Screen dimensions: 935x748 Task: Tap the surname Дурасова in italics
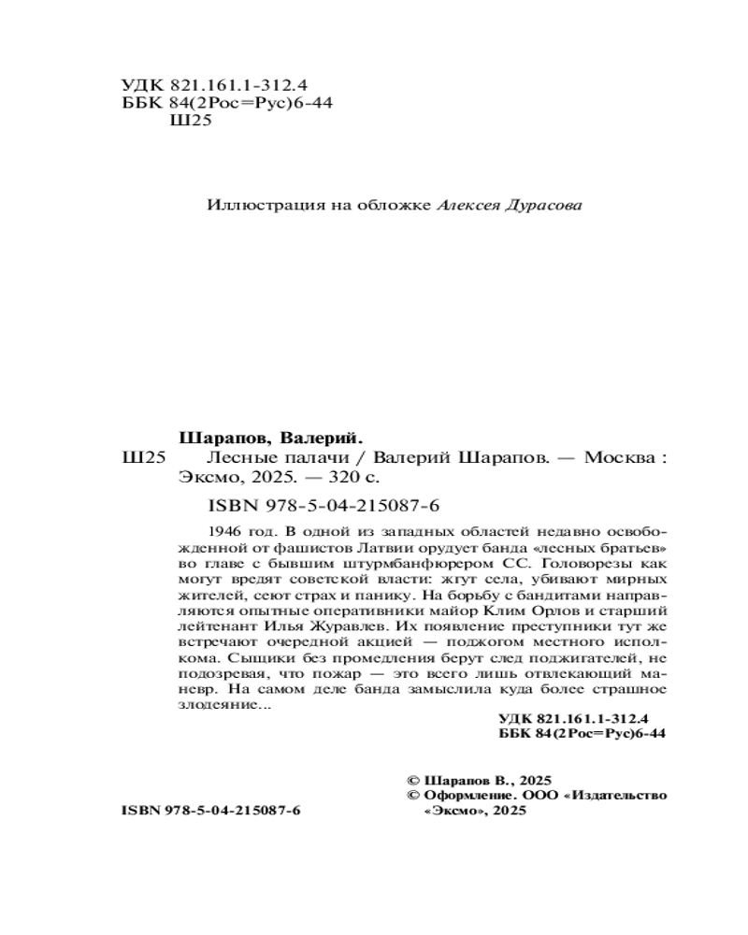point(542,205)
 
